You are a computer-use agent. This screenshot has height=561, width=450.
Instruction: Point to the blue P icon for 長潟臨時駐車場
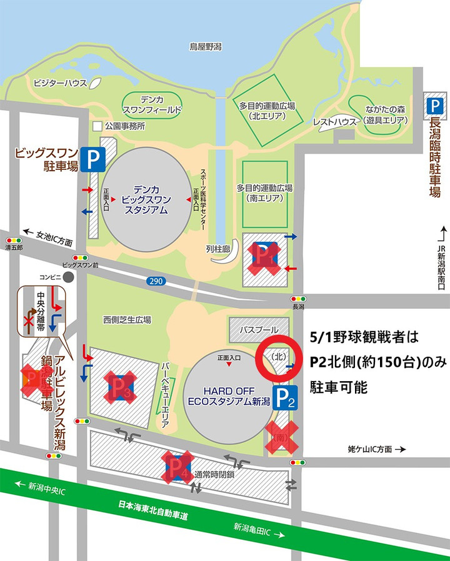434,103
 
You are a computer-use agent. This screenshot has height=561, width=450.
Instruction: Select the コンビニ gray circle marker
67,276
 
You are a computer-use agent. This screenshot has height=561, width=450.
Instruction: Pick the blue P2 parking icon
285,395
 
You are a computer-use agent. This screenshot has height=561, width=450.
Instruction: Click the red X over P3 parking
122,386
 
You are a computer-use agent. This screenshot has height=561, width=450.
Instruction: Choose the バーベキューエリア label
165,394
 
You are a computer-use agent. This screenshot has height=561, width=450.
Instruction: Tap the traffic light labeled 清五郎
13,241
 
